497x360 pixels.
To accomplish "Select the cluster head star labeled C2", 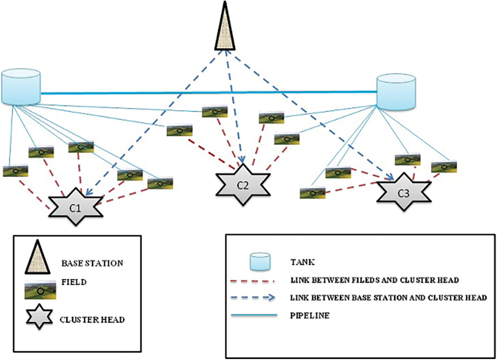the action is pos(243,185).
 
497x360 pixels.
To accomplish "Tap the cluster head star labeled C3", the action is pos(404,192).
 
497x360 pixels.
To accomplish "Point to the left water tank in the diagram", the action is pos(21,87).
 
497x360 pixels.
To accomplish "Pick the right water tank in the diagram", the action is pos(396,92).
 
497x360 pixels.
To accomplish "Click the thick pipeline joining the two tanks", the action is pos(209,92).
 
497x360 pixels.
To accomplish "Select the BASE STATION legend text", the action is pos(92,263).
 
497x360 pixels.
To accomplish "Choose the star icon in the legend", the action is pos(39,316).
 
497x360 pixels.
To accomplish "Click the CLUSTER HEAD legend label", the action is pos(92,320).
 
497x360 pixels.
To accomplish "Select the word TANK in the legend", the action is pos(302,262).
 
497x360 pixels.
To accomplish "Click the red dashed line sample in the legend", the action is pos(253,281).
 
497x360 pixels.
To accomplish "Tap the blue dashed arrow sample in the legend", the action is pos(253,298).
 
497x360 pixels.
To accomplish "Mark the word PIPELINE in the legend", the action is pos(310,315).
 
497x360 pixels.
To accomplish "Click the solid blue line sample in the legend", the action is pos(254,315).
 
